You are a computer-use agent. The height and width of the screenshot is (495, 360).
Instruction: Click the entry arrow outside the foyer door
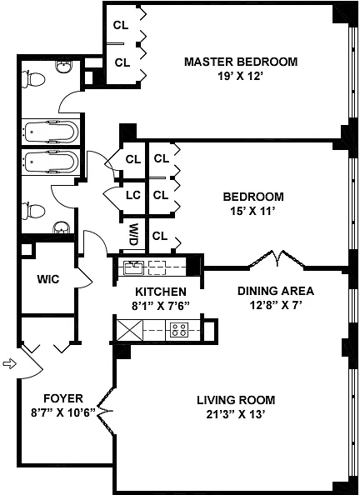click(x=9, y=363)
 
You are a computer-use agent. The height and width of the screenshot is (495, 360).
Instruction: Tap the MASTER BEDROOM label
click(x=241, y=61)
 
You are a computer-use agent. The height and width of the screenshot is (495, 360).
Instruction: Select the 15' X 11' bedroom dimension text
click(x=251, y=211)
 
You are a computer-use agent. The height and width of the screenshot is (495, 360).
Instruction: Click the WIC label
click(x=48, y=279)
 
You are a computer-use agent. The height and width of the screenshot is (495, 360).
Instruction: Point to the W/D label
click(x=134, y=235)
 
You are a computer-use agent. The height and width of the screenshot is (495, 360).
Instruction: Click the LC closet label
click(x=133, y=195)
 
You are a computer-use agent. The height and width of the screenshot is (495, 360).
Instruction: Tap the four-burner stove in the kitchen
click(x=178, y=330)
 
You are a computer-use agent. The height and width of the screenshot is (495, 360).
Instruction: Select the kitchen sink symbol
click(x=133, y=267)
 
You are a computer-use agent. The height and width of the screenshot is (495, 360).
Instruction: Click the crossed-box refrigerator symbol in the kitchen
click(x=129, y=330)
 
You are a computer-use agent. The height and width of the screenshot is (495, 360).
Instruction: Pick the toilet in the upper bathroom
click(x=33, y=79)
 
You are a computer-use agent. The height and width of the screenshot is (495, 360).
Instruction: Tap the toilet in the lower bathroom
click(x=32, y=211)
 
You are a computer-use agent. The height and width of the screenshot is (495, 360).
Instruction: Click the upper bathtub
click(x=52, y=132)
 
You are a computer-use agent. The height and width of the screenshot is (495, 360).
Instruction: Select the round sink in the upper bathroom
click(x=64, y=65)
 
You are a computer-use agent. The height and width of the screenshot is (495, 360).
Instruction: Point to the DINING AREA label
click(x=276, y=291)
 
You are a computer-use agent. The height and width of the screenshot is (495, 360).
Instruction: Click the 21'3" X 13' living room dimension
click(x=235, y=414)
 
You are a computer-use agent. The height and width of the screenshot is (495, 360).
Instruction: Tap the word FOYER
click(x=63, y=398)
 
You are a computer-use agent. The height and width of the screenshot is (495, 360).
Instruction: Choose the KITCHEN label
click(x=161, y=292)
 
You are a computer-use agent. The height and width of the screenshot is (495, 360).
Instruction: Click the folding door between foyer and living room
click(x=105, y=411)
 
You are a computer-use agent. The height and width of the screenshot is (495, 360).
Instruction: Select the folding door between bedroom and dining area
click(x=277, y=259)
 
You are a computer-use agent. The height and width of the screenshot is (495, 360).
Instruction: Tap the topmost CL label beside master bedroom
click(x=121, y=25)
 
